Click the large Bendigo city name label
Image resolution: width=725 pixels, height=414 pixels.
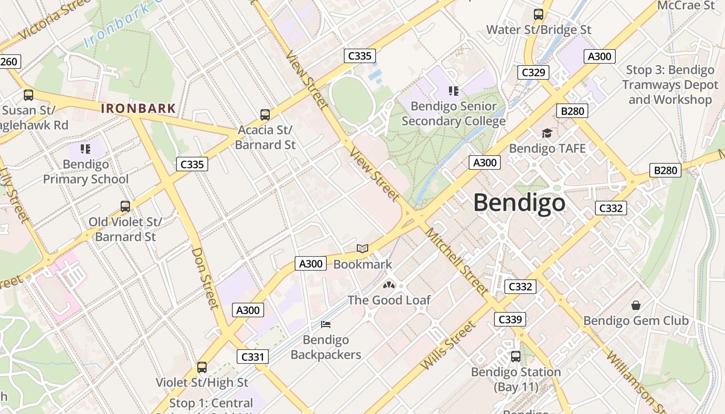click(519, 202)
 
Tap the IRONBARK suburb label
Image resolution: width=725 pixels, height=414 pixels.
click(138, 109)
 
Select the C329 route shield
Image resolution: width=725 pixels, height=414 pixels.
click(533, 72)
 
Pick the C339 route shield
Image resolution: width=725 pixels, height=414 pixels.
click(510, 319)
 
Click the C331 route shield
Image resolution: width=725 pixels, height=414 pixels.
click(253, 356)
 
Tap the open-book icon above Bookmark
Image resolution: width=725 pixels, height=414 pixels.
click(363, 249)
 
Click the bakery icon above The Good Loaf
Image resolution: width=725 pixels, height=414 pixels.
click(389, 285)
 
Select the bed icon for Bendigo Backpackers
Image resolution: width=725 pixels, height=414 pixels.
click(326, 324)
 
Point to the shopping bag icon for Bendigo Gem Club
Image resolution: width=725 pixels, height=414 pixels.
click(635, 305)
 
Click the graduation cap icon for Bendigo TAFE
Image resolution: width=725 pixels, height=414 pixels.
click(547, 134)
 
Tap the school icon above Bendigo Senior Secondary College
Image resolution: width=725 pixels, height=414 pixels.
click(454, 91)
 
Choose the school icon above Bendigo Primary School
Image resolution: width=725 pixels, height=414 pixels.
click(85, 150)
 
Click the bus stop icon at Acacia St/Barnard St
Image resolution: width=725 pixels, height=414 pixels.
click(265, 114)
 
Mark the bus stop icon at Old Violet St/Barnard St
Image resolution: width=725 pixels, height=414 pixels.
click(125, 206)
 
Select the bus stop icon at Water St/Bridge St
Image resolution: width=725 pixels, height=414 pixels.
click(539, 14)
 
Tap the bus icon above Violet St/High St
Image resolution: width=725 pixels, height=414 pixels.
click(202, 367)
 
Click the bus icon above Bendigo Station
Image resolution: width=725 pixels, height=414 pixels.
click(516, 357)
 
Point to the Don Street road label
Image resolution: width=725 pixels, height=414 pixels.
click(205, 278)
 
